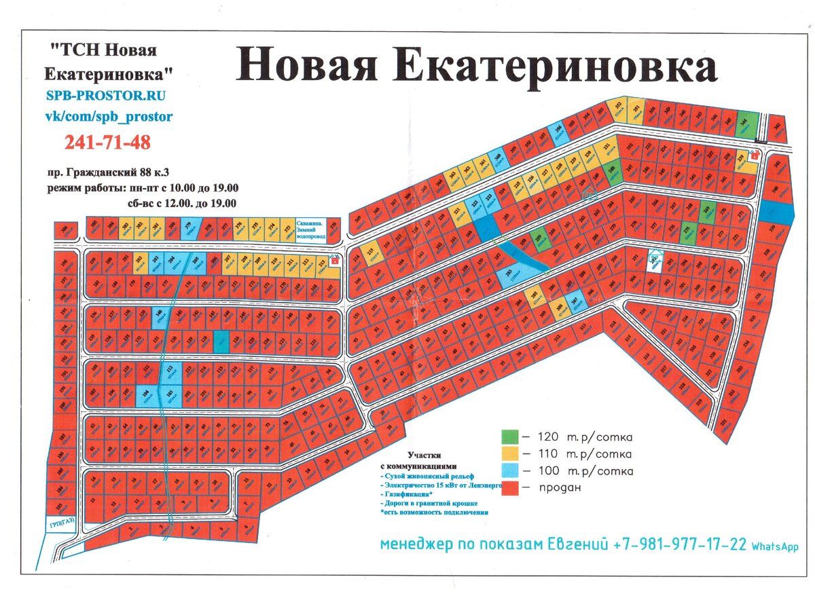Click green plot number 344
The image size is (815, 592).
(x=745, y=124)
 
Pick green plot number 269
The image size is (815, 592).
(x=706, y=213)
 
